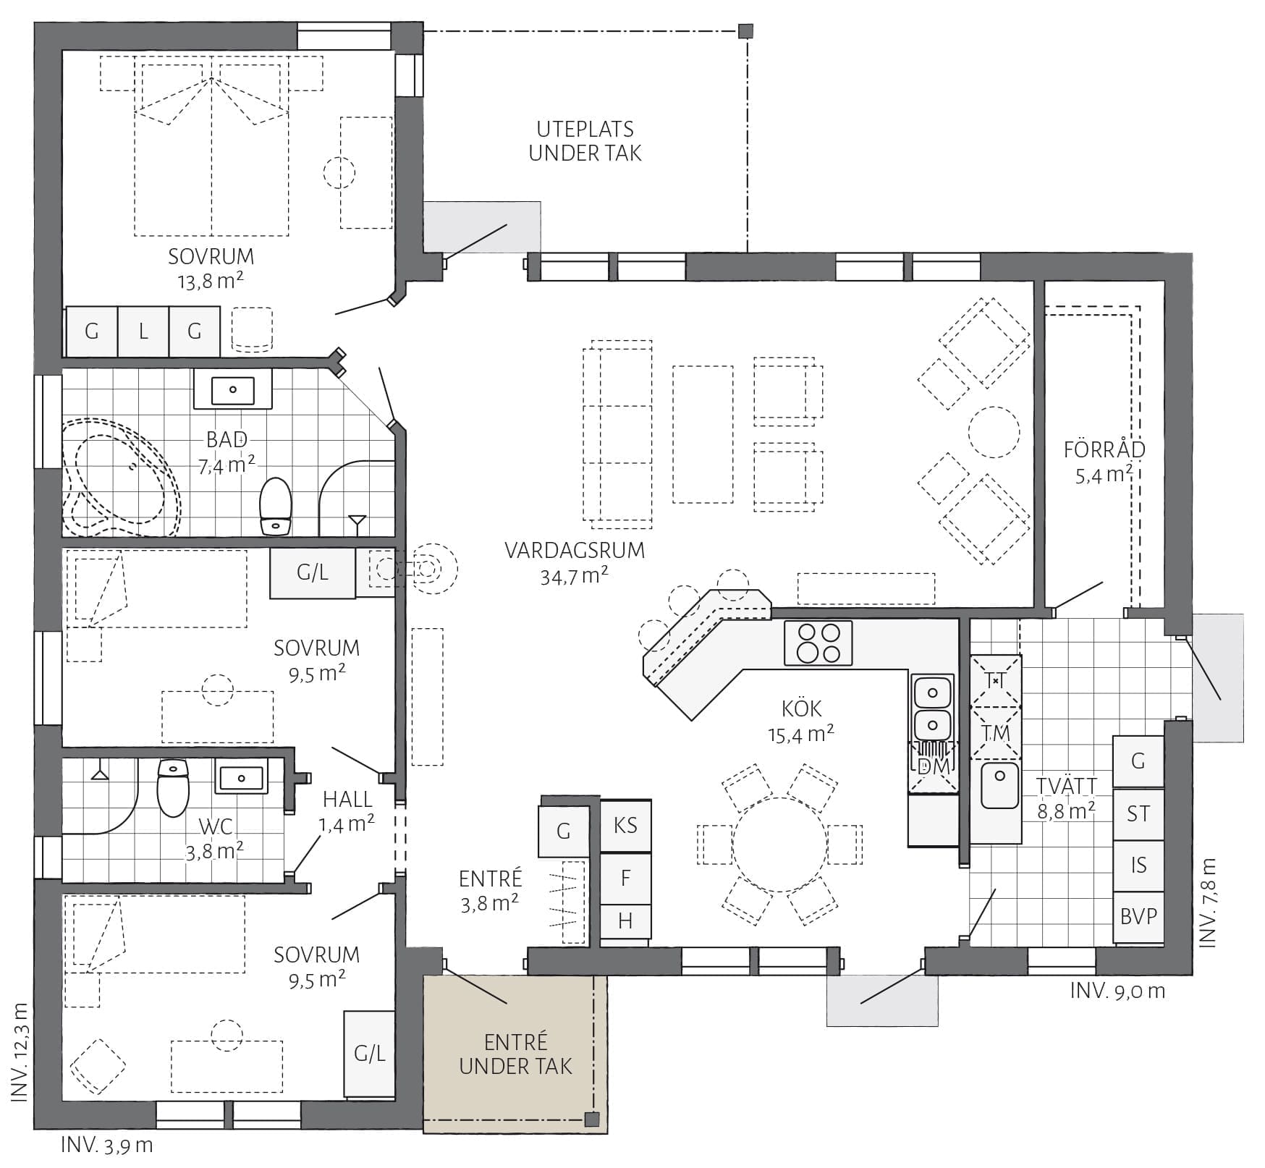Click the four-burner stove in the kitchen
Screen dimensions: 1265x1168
818,643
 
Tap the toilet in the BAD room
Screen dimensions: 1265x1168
275,505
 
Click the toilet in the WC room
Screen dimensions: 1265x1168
173,787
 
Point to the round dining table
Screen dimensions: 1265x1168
780,845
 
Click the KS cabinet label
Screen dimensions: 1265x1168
625,826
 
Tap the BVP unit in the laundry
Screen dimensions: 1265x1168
1138,916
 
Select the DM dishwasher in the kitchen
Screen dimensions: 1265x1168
933,766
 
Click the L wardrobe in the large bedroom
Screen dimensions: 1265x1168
143,331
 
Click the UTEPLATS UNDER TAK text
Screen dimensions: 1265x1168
585,141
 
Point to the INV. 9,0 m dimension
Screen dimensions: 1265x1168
1117,991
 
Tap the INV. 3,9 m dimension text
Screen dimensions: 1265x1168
107,1145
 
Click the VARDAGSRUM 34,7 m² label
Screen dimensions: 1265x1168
575,562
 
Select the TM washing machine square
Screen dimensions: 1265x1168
996,732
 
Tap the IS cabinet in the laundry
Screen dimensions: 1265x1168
1138,866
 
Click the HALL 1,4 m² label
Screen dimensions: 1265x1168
347,811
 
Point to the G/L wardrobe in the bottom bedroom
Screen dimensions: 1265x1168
369,1054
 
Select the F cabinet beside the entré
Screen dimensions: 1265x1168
625,879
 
